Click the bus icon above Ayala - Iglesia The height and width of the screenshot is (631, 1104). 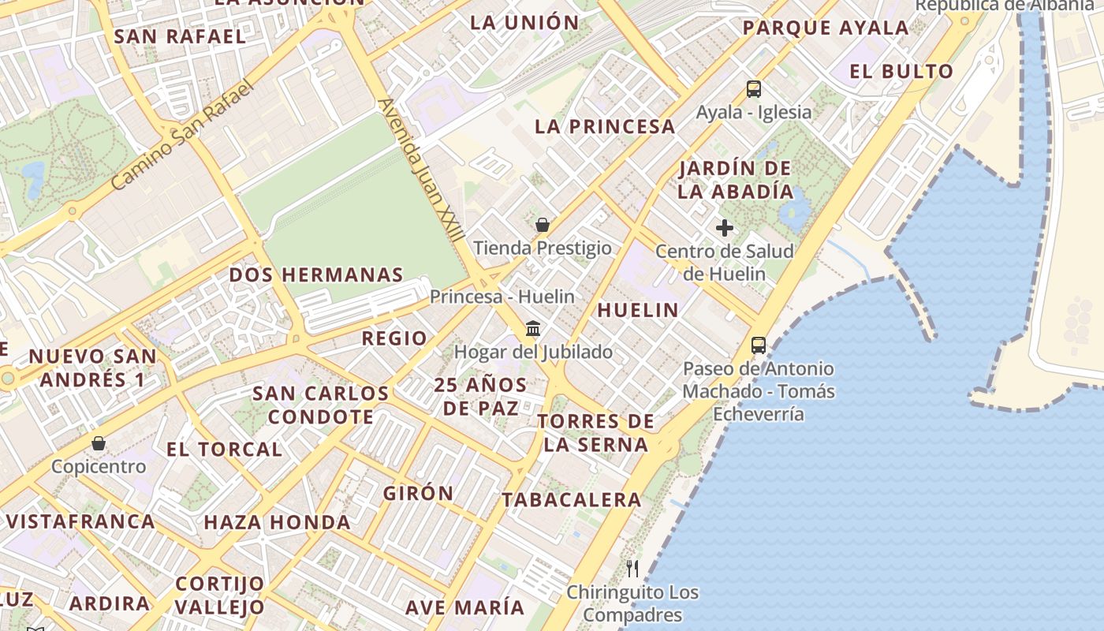click(754, 88)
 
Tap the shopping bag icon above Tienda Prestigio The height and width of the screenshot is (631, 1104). click(543, 225)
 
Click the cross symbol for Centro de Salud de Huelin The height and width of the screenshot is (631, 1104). click(724, 229)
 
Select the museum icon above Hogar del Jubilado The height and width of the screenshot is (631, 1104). click(533, 328)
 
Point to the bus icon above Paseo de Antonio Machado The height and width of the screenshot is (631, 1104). click(758, 345)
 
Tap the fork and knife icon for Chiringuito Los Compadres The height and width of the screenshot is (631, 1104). click(632, 568)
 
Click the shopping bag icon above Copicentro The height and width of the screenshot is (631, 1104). click(99, 443)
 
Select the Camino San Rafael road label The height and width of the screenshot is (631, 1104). click(181, 135)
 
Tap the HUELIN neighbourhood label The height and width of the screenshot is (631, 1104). click(638, 310)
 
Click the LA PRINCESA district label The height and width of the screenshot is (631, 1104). click(605, 126)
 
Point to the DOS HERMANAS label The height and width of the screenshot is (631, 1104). click(316, 274)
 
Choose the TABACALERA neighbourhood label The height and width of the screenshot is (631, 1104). click(572, 499)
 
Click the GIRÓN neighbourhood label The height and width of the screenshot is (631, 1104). click(419, 493)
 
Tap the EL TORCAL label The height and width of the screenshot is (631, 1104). click(224, 450)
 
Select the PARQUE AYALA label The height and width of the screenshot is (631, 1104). click(826, 28)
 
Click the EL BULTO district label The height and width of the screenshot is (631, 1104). click(901, 71)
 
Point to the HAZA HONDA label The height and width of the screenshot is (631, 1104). click(278, 522)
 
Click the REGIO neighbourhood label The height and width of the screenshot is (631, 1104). click(394, 338)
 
